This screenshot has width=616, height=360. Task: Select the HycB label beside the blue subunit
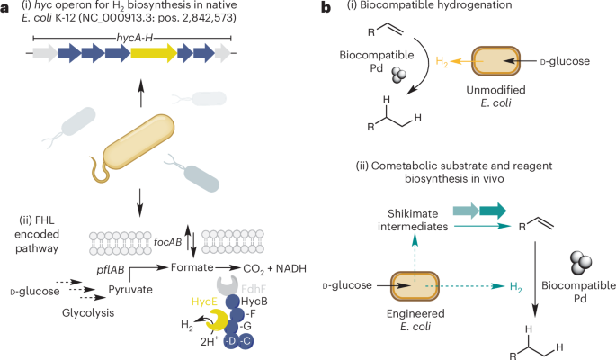pyautogui.click(x=253, y=303)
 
